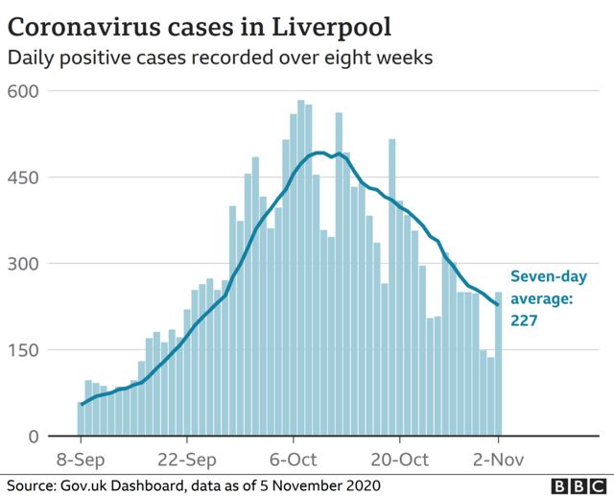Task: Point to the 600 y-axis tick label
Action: pyautogui.click(x=23, y=91)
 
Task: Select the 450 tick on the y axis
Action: pyautogui.click(x=23, y=177)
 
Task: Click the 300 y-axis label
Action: pyautogui.click(x=23, y=264)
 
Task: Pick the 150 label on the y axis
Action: pyautogui.click(x=23, y=350)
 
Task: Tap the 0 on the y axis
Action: pyautogui.click(x=33, y=437)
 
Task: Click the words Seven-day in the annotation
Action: pyautogui.click(x=547, y=276)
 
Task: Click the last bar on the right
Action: pyautogui.click(x=499, y=365)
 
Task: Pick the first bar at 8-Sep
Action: pyautogui.click(x=81, y=419)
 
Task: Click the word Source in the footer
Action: pyautogui.click(x=29, y=484)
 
